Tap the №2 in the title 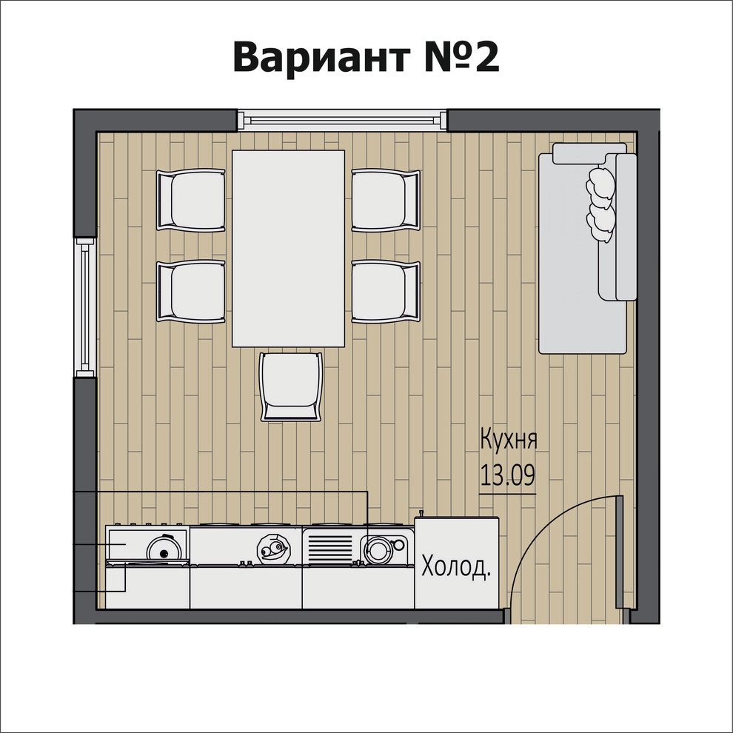point(462,57)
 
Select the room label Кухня point(508,439)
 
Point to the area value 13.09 point(508,475)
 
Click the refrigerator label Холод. point(457,568)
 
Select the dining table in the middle point(289,248)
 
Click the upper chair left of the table point(190,200)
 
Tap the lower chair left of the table point(190,292)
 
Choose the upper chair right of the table point(386,200)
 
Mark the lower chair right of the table point(386,292)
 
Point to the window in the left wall point(85,307)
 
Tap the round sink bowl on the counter point(379,549)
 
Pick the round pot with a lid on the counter point(164,549)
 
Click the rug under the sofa point(581,326)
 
